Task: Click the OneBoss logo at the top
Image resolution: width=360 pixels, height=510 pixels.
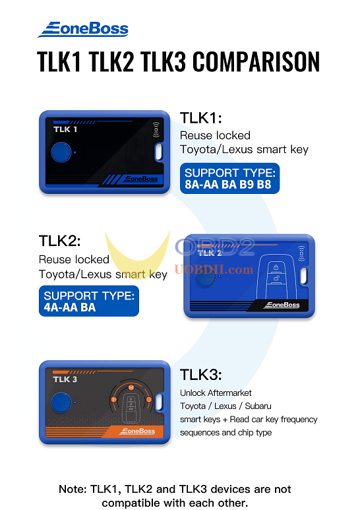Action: [83, 29]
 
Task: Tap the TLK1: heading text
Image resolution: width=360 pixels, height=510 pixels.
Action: [201, 118]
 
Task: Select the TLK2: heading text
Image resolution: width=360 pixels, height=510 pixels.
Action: [60, 240]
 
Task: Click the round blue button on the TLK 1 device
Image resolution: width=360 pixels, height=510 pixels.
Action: [61, 154]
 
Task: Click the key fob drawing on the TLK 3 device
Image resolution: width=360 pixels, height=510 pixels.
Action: [131, 404]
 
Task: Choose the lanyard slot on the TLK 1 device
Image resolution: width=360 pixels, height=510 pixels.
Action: [158, 152]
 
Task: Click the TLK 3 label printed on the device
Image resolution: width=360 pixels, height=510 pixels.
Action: [65, 379]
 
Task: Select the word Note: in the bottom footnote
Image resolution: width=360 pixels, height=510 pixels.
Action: [73, 490]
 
